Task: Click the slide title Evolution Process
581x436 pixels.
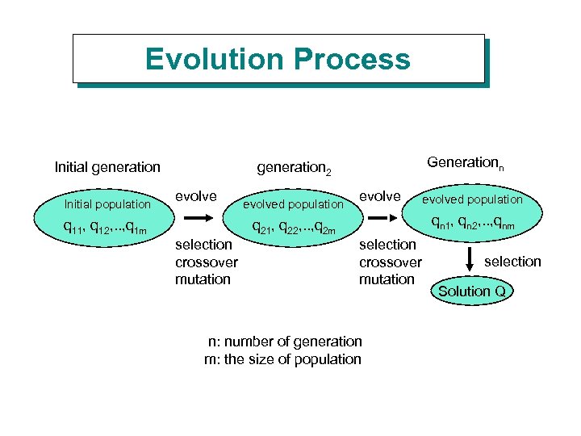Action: [x=278, y=59]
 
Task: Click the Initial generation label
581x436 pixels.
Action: [x=107, y=167]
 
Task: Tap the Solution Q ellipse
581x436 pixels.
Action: [x=471, y=291]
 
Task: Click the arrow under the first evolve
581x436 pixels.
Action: [x=199, y=218]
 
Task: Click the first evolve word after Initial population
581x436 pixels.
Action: [x=196, y=196]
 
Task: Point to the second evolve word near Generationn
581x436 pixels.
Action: [x=379, y=196]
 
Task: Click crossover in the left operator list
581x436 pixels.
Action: [x=207, y=262]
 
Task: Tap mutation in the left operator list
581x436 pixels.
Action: [x=203, y=279]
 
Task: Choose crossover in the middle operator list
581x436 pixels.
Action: [x=390, y=262]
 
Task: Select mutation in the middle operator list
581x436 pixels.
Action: [x=387, y=279]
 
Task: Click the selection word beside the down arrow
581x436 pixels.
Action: [x=512, y=261]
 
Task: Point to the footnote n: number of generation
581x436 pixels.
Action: [x=285, y=342]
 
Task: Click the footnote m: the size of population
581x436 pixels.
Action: [x=283, y=359]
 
